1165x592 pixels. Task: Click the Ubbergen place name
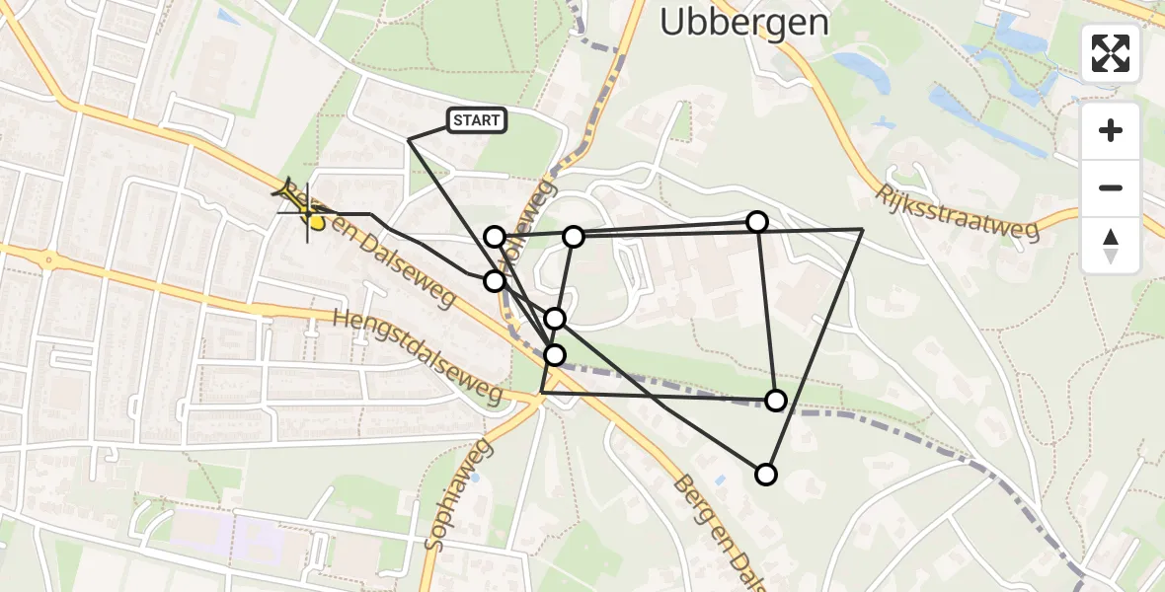[x=743, y=22]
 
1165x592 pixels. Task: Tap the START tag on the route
[x=478, y=121]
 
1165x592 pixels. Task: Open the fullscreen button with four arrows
[x=1111, y=53]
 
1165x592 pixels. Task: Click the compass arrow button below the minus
[x=1111, y=246]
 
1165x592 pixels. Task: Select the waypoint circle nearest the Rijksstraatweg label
[x=757, y=222]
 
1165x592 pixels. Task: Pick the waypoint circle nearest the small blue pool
[x=766, y=475]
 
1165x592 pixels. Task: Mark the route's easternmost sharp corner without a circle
[x=862, y=229]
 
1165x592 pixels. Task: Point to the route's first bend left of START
[x=410, y=139]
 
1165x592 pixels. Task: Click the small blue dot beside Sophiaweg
[x=475, y=478]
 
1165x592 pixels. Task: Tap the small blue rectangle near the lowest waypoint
[x=720, y=480]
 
